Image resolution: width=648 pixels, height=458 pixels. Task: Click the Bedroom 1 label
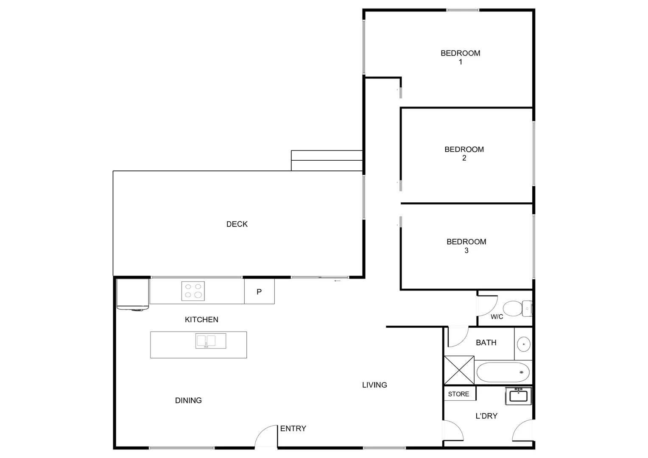460,57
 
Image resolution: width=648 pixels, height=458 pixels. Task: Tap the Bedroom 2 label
464,154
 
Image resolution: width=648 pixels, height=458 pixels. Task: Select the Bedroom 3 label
466,246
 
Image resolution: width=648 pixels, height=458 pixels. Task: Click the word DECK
237,224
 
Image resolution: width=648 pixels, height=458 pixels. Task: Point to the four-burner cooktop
193,291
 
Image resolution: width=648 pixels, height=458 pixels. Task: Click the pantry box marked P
259,292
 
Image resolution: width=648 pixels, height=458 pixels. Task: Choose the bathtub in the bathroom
503,372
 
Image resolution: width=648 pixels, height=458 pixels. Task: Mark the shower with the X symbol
459,370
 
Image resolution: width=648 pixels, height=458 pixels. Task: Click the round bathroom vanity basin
523,344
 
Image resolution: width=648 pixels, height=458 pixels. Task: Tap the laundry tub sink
518,396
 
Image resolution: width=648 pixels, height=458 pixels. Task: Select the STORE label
458,394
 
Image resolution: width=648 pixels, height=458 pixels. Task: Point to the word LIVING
374,385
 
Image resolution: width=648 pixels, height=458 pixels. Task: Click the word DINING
188,400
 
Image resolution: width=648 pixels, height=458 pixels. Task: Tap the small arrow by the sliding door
338,281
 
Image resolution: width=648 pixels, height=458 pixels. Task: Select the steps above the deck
327,161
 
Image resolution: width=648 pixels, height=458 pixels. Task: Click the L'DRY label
486,416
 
